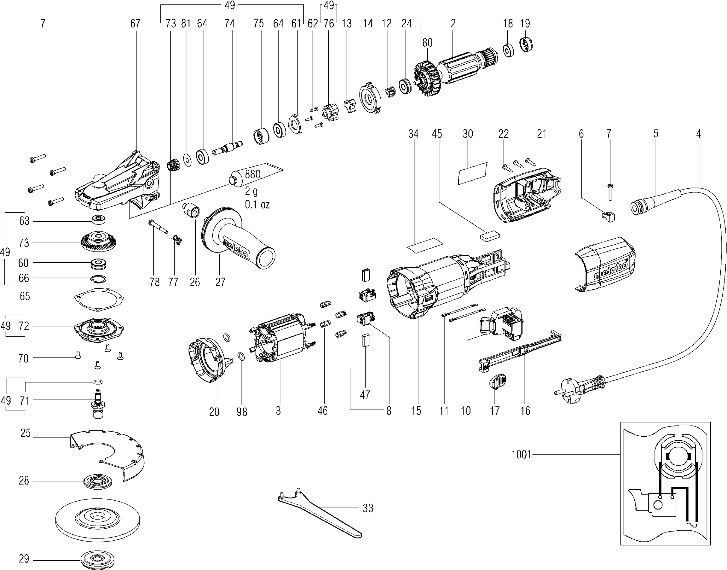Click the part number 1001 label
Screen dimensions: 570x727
pyautogui.click(x=521, y=454)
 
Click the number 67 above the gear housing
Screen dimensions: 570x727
pyautogui.click(x=135, y=23)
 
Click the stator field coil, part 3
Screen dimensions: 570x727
pyautogui.click(x=280, y=339)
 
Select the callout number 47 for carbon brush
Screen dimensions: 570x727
pyautogui.click(x=365, y=395)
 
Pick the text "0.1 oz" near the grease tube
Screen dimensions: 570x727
pyautogui.click(x=257, y=204)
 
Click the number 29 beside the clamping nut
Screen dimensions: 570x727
pyautogui.click(x=24, y=559)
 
